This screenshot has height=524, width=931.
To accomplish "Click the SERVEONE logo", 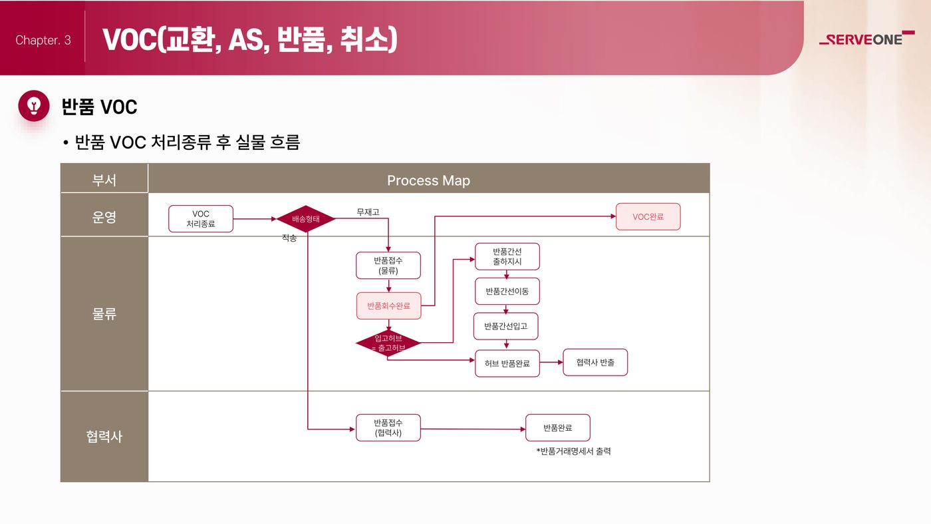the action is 866,39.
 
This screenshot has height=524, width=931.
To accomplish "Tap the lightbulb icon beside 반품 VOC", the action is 34,106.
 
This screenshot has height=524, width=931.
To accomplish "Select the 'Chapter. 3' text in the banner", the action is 43,40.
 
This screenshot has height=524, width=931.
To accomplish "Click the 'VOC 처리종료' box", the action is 201,218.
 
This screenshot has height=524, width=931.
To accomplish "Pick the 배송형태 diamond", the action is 306,218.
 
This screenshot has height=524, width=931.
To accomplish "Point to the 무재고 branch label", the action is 368,212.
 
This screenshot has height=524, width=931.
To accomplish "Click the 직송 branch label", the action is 289,238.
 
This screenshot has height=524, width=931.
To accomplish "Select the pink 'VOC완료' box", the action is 648,216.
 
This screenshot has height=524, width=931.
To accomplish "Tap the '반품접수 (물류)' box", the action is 388,265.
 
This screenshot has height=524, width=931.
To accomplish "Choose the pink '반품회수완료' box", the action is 388,306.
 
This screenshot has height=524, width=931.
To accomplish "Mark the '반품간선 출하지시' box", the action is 507,256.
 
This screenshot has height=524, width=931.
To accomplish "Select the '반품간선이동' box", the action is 507,292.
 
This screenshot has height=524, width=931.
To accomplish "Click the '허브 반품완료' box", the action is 507,364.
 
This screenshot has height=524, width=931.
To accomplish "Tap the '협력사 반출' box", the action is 595,362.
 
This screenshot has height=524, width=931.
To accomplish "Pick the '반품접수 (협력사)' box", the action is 388,427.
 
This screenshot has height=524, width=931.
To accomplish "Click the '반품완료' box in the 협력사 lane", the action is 558,427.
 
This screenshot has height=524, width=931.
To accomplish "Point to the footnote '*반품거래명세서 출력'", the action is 573,451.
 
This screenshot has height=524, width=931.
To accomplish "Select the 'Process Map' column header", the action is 428,180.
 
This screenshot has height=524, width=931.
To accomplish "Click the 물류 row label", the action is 104,314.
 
